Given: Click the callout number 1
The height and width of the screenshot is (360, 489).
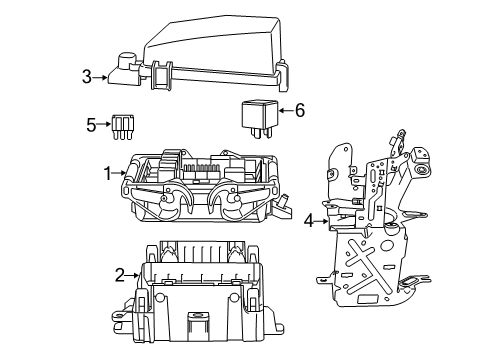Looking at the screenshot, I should point(107,173).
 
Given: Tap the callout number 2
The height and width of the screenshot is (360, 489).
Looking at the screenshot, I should point(120,274).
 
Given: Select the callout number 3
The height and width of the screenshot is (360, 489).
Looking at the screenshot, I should point(87,75).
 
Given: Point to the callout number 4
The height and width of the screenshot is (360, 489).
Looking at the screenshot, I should point(309,220).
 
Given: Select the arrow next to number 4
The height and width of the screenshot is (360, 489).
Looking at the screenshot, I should point(322,220).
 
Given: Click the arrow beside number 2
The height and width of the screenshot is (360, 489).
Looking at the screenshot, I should point(134,274).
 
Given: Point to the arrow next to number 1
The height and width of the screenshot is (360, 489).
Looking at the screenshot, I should point(120,173).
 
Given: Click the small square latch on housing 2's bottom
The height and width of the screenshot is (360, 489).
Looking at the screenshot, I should point(193,322).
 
